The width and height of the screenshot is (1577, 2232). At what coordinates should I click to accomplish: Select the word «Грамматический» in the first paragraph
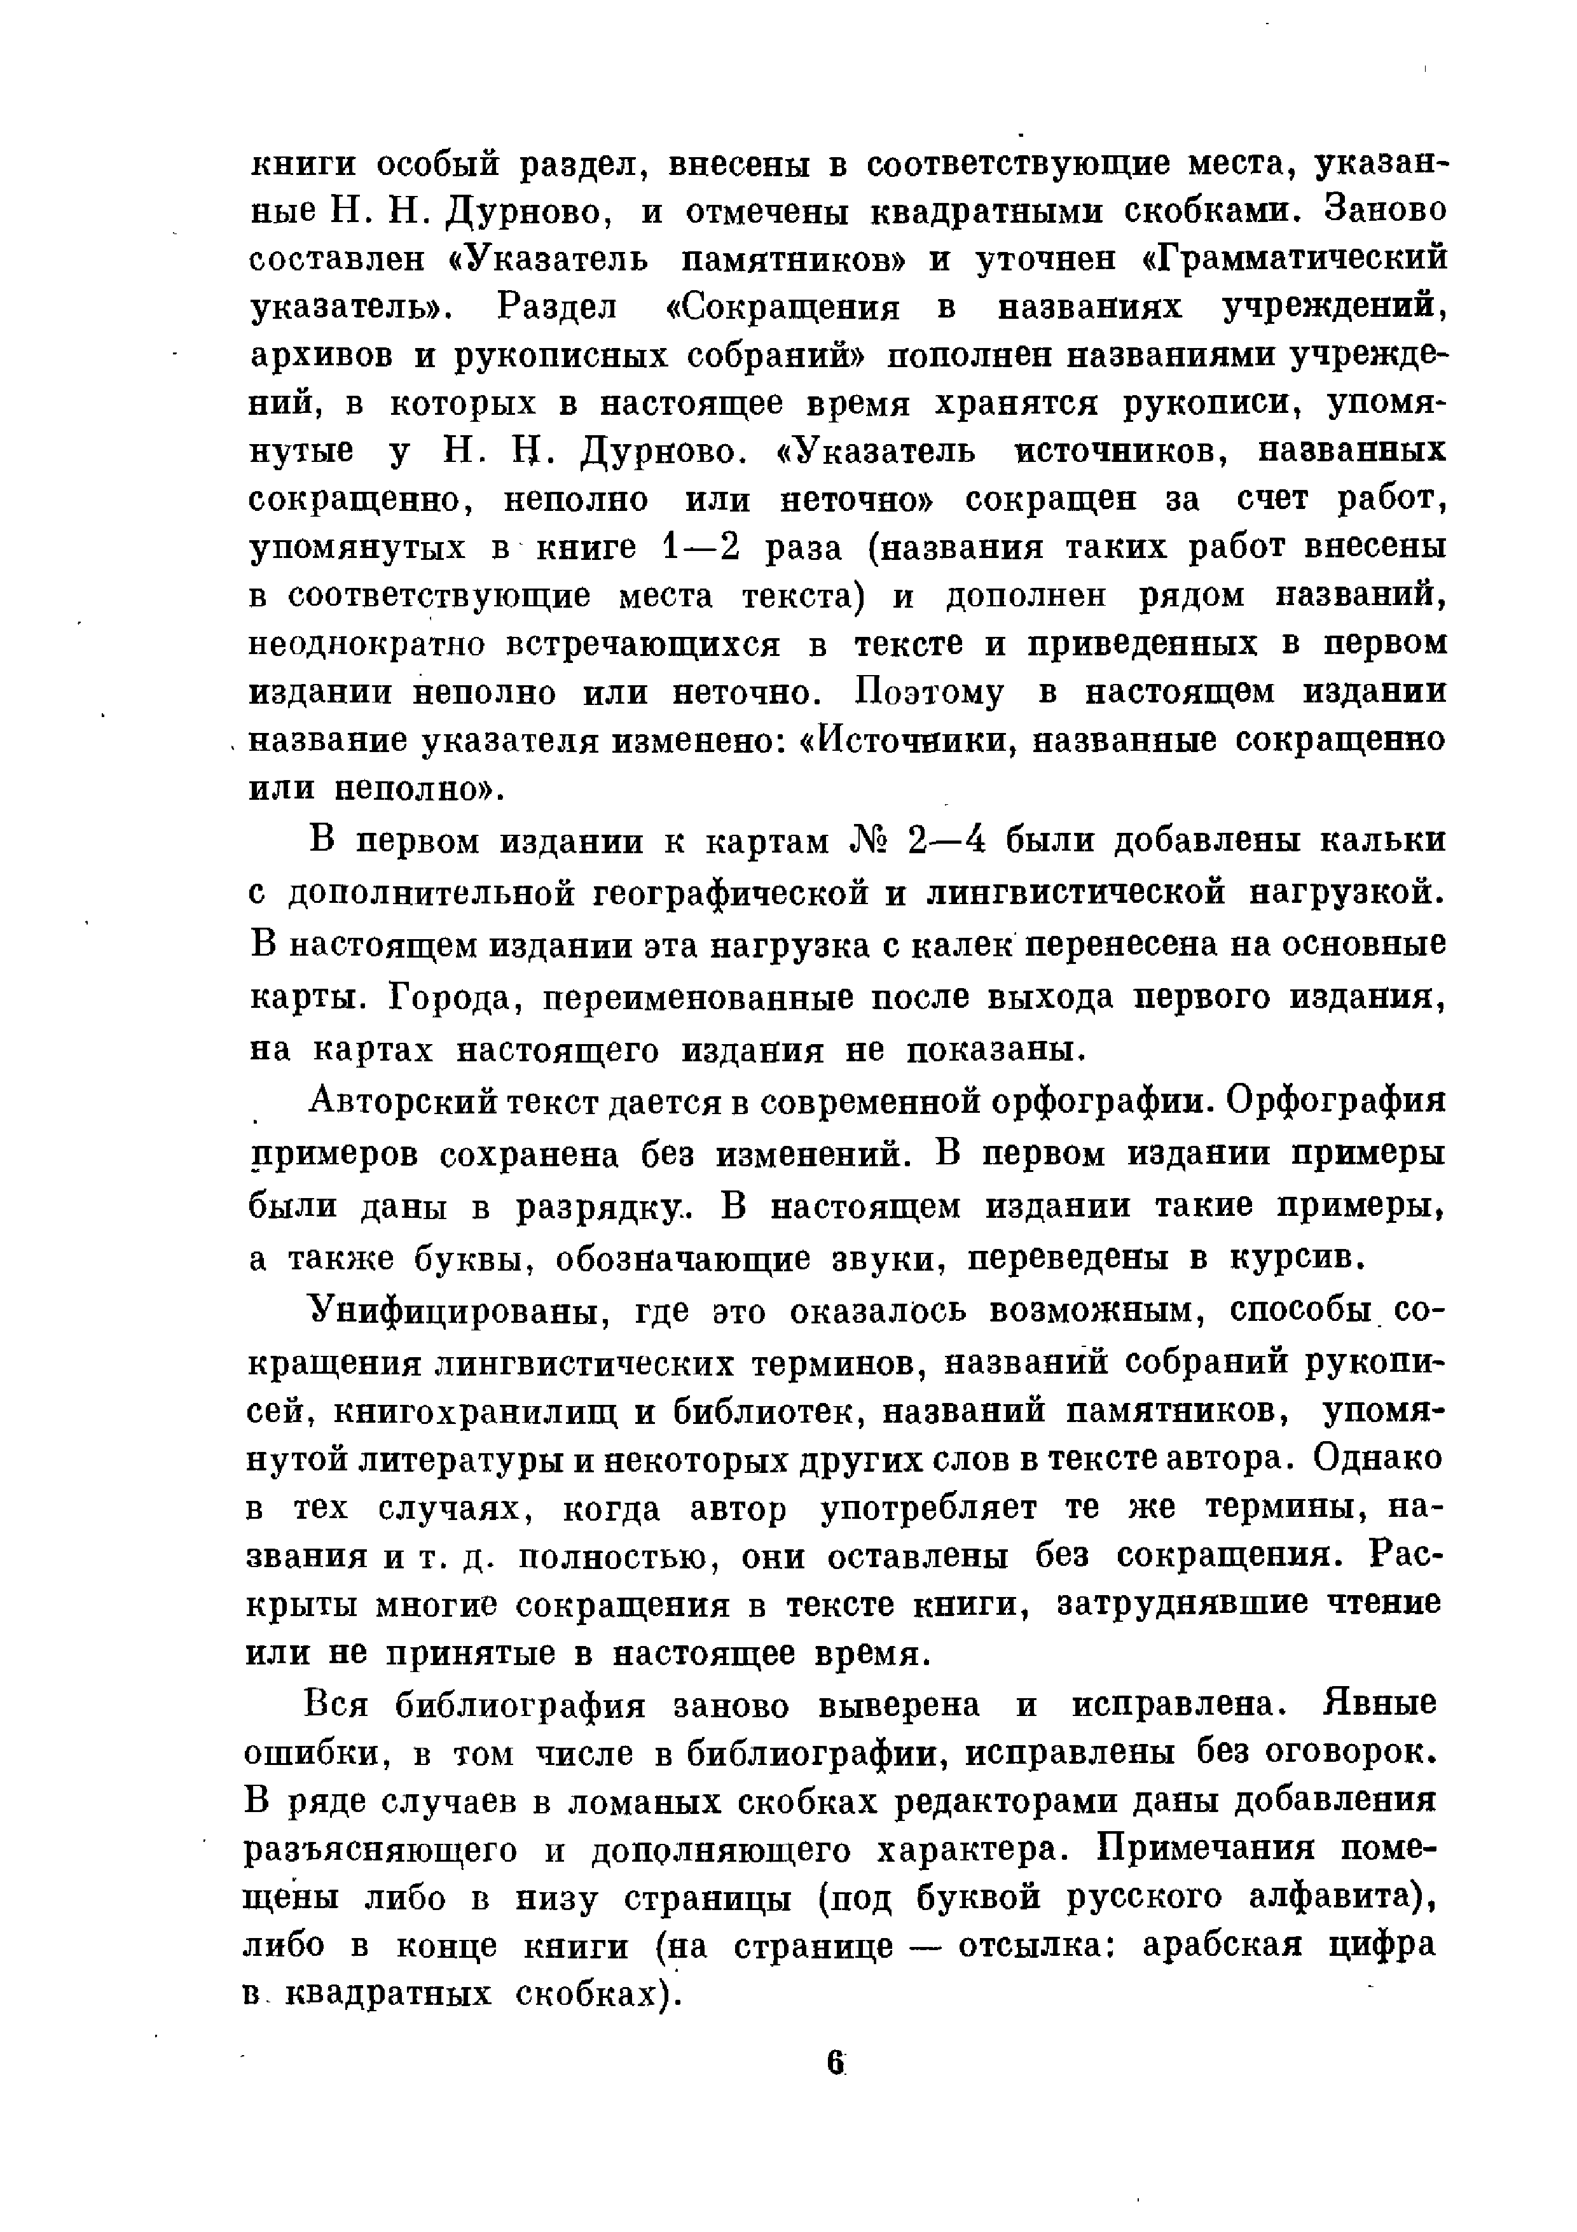pos(1292,258)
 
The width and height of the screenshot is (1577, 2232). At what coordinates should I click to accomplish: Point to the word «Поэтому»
pos(930,692)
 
